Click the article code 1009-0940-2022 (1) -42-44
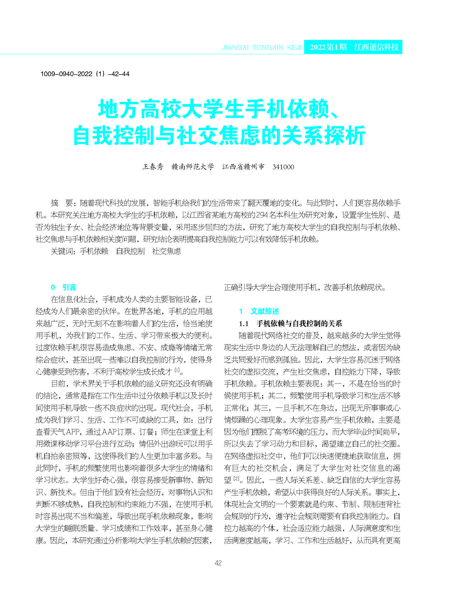85,74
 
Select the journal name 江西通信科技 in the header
376,47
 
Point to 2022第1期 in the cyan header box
328,47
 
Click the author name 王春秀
153,167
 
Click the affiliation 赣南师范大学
193,167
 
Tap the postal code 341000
283,167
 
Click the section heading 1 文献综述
259,311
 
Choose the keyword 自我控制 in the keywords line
130,251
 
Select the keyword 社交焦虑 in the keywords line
166,251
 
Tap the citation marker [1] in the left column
177,370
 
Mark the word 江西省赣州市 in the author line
243,167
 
